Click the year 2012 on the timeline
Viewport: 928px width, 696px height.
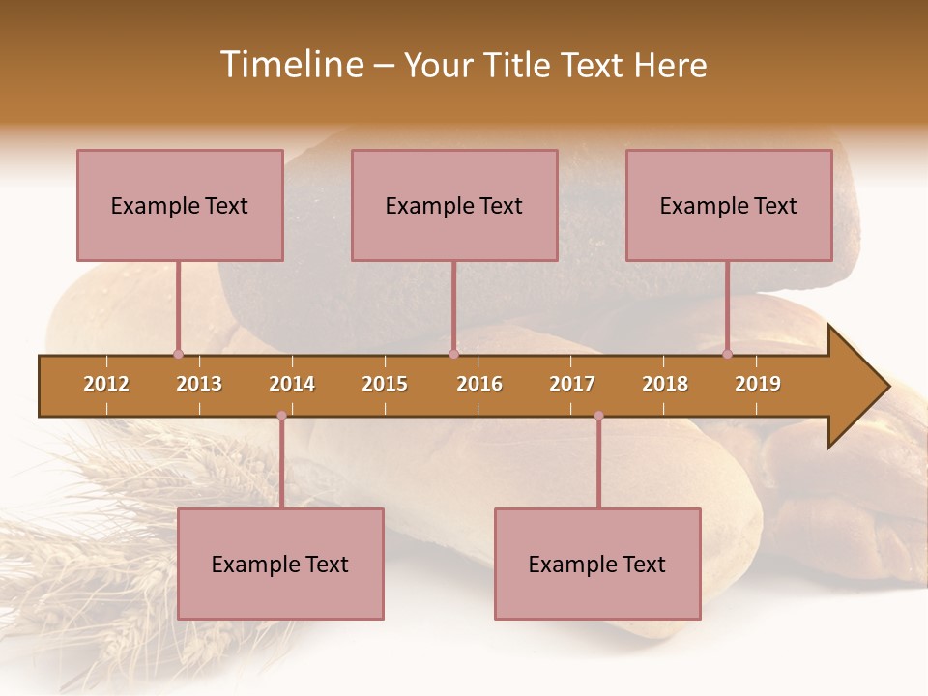(106, 384)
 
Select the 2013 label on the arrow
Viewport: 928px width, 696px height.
(199, 384)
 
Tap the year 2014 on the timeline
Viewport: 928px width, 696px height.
(292, 384)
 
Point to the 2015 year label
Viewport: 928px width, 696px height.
(385, 384)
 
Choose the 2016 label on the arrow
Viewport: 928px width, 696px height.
(479, 384)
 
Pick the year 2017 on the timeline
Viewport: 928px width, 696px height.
(572, 384)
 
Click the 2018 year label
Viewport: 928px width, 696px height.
(665, 384)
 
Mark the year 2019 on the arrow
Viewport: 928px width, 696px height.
(758, 384)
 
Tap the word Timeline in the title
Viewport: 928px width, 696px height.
(289, 65)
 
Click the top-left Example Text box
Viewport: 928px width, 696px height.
(180, 205)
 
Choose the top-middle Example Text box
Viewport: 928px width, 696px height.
(454, 205)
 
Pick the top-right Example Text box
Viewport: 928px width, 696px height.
(729, 205)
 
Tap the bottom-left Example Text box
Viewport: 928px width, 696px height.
(280, 564)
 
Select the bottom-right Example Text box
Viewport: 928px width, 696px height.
(597, 564)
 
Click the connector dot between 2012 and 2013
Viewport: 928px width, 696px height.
(178, 354)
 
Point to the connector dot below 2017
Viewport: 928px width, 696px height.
(598, 416)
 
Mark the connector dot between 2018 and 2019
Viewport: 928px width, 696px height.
(728, 354)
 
